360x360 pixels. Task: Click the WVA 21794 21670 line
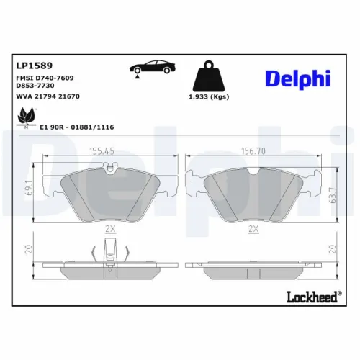point(48,95)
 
